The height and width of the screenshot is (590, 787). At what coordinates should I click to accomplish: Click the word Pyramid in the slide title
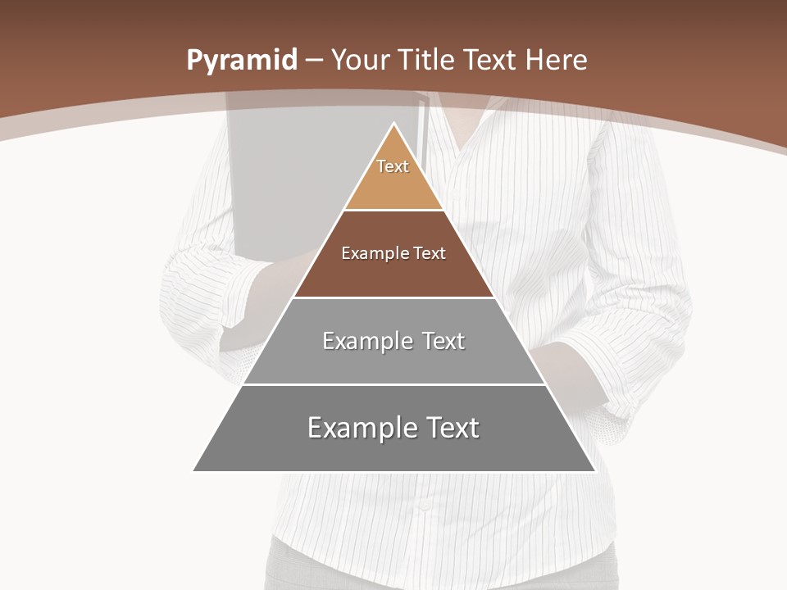click(x=241, y=61)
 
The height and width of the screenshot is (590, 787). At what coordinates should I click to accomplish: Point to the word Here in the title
click(x=556, y=60)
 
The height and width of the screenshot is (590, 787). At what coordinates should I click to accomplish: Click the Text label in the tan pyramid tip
click(x=393, y=166)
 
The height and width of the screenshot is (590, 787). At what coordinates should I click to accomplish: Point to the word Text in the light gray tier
click(x=444, y=341)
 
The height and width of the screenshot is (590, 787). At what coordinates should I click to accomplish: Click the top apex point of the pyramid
click(x=394, y=124)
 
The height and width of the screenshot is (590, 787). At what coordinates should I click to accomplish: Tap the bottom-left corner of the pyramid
click(x=194, y=470)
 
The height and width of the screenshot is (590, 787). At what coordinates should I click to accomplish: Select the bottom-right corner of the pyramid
click(x=594, y=470)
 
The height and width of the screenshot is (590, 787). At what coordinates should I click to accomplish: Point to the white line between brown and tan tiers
click(x=394, y=211)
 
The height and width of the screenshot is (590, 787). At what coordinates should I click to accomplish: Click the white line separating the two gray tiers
click(x=394, y=384)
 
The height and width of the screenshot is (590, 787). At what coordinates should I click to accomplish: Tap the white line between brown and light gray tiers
click(x=394, y=297)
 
